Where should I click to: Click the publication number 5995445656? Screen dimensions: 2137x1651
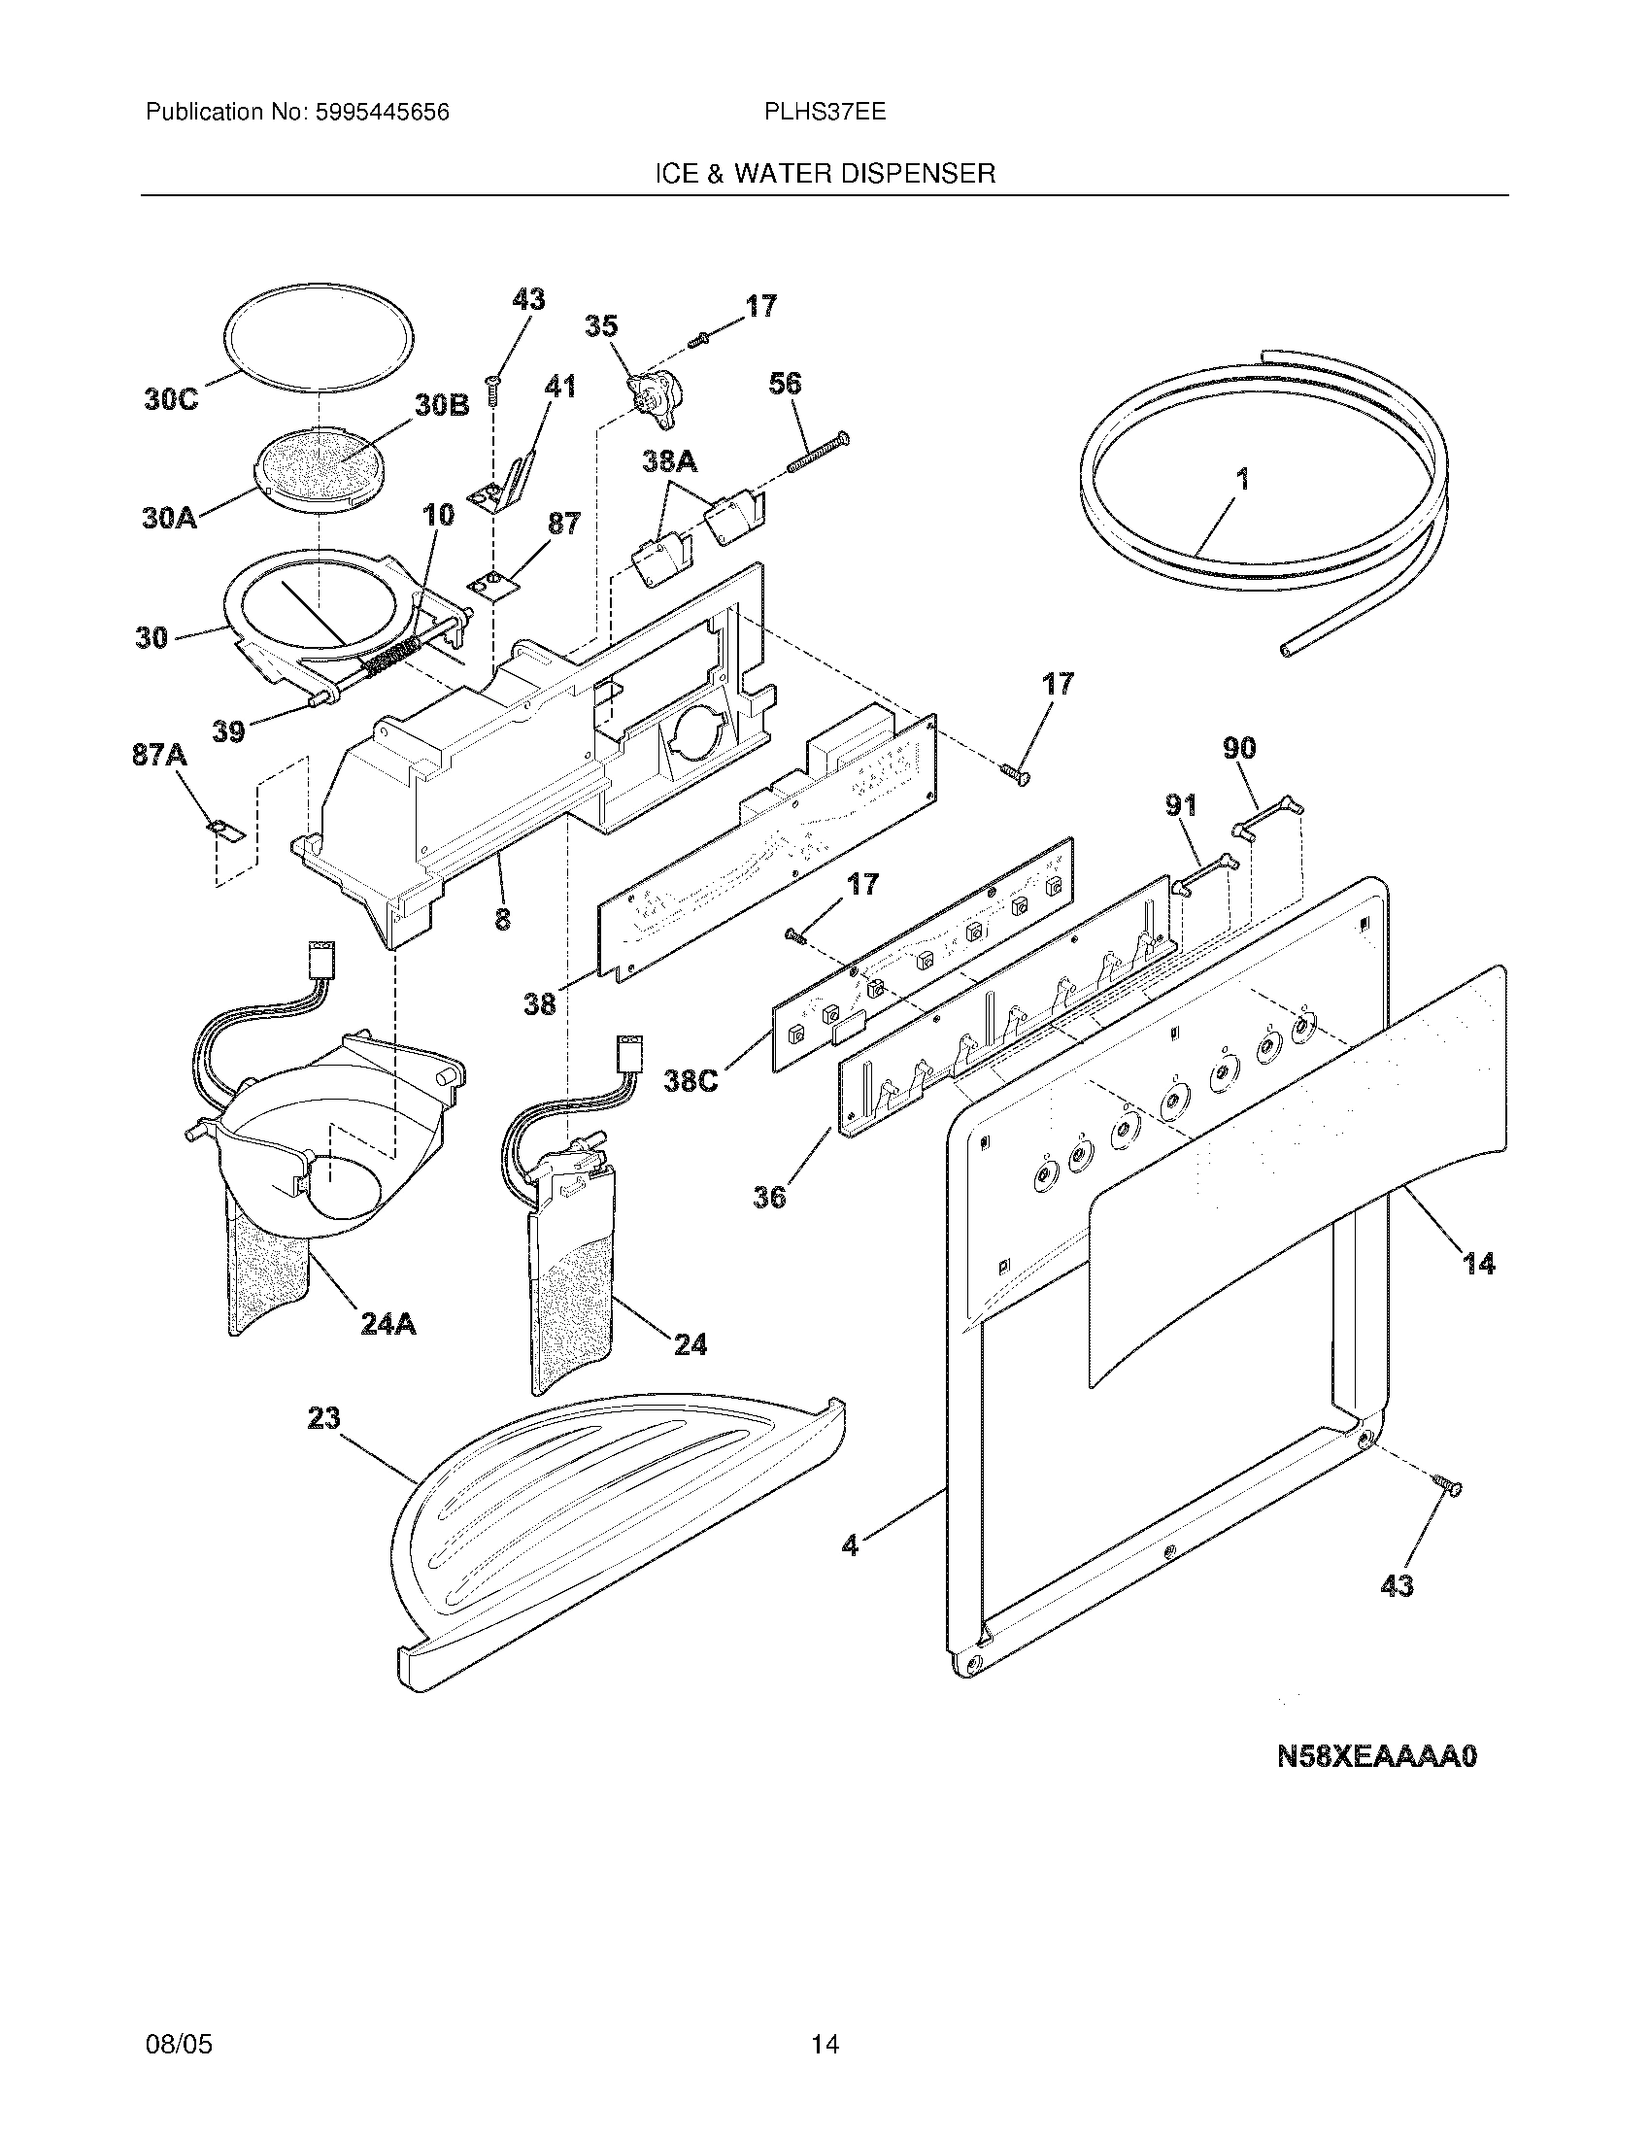tap(382, 113)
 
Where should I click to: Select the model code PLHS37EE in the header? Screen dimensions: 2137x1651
tap(825, 113)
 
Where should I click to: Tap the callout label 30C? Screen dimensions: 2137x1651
tap(170, 400)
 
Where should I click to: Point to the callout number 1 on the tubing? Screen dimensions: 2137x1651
tap(1242, 480)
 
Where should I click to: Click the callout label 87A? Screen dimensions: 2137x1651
tap(159, 756)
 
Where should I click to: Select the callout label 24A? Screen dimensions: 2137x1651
tap(388, 1324)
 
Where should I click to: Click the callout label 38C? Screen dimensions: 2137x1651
tap(691, 1082)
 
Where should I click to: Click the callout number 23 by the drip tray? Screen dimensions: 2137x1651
tap(324, 1417)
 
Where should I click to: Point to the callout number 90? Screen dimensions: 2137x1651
tap(1239, 749)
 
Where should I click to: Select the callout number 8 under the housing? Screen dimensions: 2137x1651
tap(502, 919)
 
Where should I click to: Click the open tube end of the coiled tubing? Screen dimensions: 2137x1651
tap(1287, 649)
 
